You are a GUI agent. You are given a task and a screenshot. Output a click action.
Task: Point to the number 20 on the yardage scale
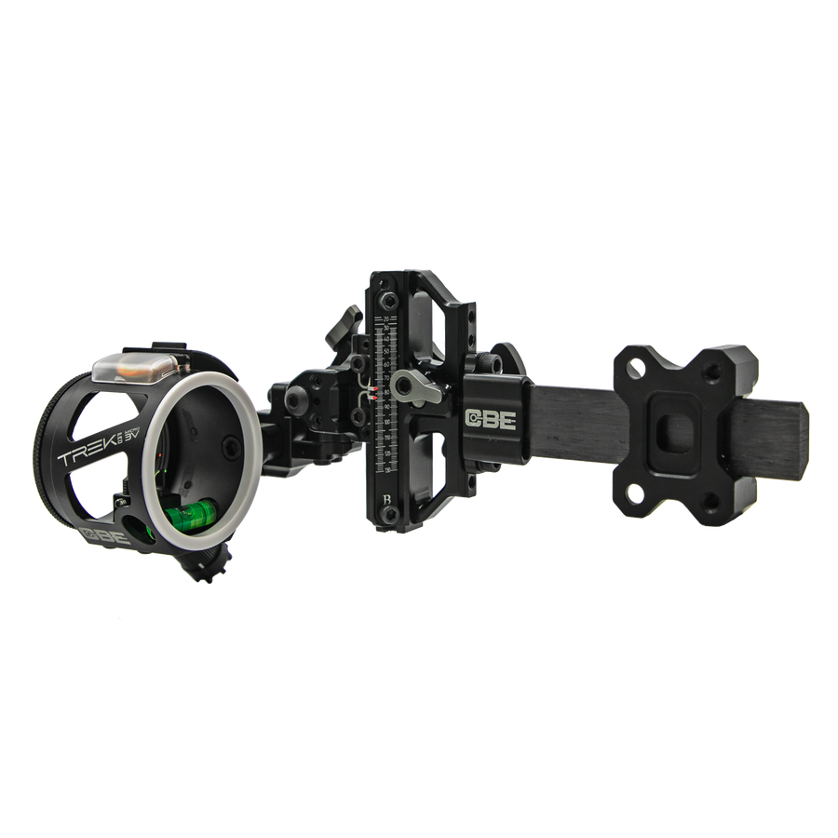[385, 318]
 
